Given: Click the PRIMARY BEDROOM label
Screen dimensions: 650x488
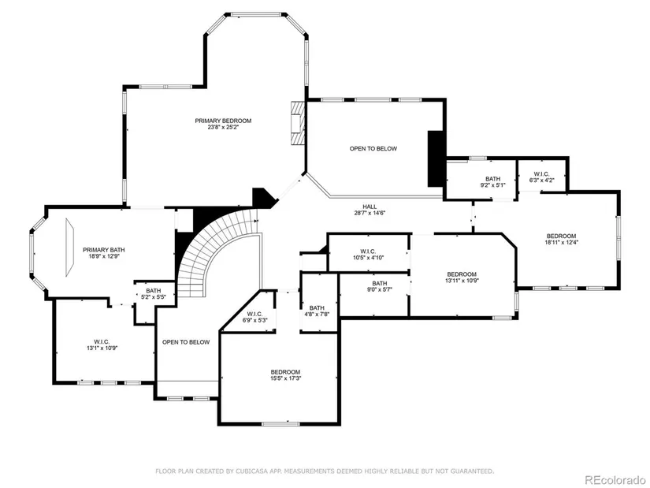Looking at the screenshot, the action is [x=223, y=121].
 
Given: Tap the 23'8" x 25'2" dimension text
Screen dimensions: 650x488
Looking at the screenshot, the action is [x=223, y=128].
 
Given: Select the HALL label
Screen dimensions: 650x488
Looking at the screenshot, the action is [x=370, y=207].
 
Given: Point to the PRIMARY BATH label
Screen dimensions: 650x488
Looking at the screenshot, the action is [x=104, y=250].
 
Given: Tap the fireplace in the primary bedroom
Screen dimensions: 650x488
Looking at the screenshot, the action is [x=297, y=123].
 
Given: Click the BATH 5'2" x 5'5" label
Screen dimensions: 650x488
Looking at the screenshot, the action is [x=154, y=294].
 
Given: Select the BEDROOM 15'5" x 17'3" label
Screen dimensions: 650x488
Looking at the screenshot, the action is [x=285, y=375].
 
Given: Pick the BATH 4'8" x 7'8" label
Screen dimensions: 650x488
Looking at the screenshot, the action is [x=317, y=311].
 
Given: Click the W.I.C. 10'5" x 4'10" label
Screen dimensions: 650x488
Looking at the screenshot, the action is [x=368, y=255].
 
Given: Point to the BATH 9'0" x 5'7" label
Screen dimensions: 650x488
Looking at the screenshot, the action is [x=379, y=287].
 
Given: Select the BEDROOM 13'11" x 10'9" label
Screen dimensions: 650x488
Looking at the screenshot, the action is [x=462, y=278].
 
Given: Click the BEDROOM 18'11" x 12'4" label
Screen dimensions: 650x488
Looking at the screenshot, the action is [x=561, y=240].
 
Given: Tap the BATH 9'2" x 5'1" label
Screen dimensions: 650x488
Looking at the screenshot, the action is [x=493, y=182].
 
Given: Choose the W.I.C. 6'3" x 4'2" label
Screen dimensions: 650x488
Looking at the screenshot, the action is [x=541, y=177].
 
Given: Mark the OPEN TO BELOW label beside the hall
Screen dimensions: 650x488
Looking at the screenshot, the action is [x=373, y=148].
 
